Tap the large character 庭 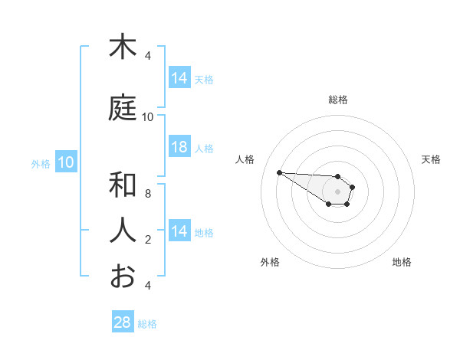click(123, 109)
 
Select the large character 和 click(123, 185)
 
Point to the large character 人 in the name click(123, 230)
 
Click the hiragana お click(123, 275)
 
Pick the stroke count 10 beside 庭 click(148, 117)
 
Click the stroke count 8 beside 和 click(148, 194)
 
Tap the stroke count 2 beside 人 click(148, 240)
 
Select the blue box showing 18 click(179, 147)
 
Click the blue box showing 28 click(123, 322)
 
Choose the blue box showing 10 click(65, 162)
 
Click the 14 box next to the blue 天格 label click(179, 78)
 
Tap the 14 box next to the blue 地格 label click(179, 231)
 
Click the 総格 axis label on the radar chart click(338, 100)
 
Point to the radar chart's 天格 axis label click(432, 159)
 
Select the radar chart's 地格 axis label click(402, 262)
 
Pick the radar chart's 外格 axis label click(270, 262)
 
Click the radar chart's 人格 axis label click(245, 159)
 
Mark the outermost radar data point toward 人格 click(279, 172)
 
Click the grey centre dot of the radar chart click(337, 191)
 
